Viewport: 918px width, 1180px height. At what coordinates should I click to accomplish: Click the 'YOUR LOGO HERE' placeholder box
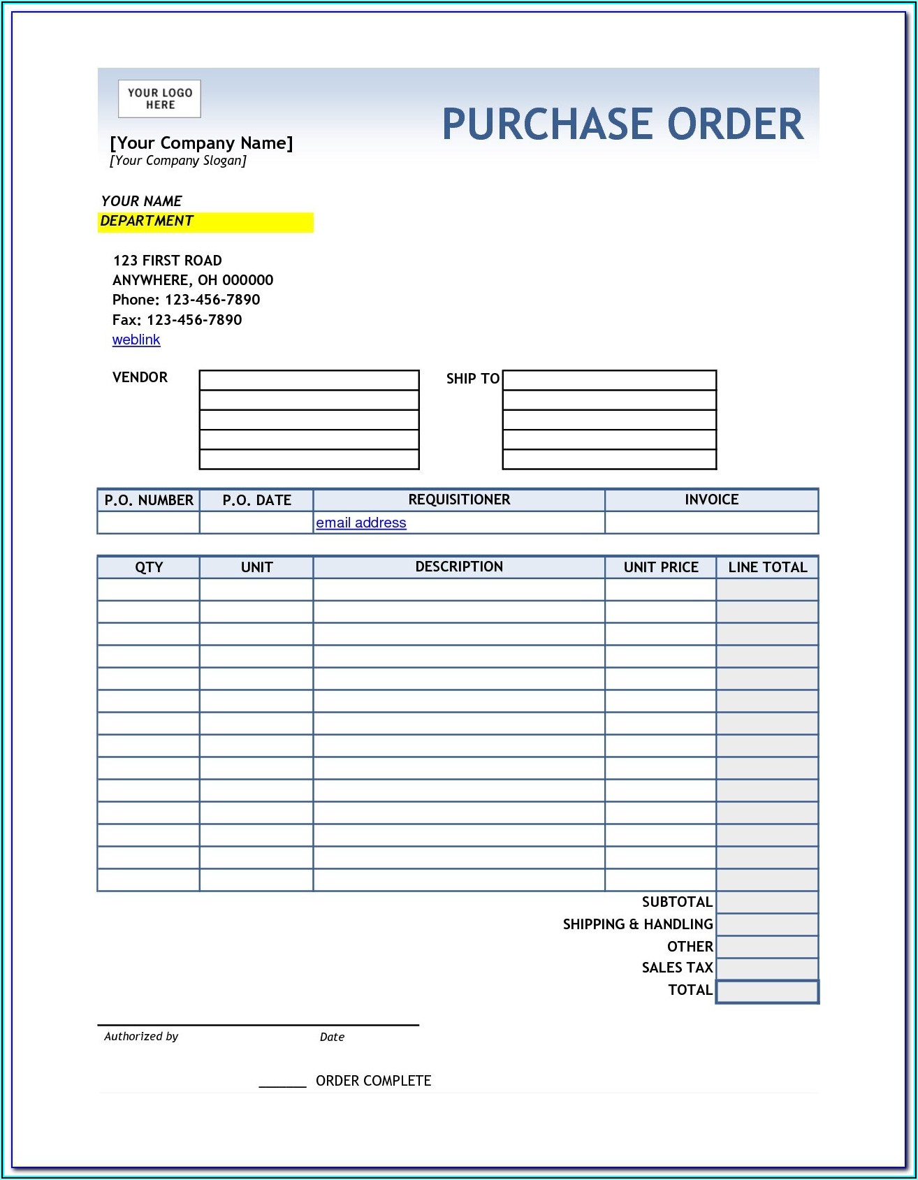pyautogui.click(x=159, y=99)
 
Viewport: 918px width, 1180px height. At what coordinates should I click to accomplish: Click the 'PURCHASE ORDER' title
pyautogui.click(x=622, y=124)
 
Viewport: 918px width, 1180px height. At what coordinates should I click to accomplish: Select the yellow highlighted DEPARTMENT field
pyautogui.click(x=205, y=221)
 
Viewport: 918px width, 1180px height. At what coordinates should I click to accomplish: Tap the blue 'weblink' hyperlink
pyautogui.click(x=136, y=340)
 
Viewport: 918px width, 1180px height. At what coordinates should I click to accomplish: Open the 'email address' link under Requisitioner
pyautogui.click(x=360, y=523)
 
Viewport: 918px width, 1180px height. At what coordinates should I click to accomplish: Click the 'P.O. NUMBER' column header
pyautogui.click(x=149, y=500)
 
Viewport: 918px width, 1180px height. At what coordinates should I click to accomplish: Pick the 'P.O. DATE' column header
pyautogui.click(x=256, y=500)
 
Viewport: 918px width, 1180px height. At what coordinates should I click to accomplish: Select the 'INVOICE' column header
pyautogui.click(x=711, y=500)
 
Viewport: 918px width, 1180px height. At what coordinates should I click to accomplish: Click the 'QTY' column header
pyautogui.click(x=149, y=567)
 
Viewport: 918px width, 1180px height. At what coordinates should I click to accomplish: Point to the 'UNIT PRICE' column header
pyautogui.click(x=661, y=567)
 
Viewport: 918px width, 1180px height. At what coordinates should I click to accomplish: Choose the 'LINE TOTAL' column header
pyautogui.click(x=767, y=567)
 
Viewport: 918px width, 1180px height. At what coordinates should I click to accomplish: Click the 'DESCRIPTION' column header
pyautogui.click(x=459, y=567)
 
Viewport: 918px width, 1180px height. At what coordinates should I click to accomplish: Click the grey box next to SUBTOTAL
pyautogui.click(x=767, y=902)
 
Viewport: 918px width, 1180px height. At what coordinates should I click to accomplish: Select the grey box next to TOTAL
pyautogui.click(x=767, y=991)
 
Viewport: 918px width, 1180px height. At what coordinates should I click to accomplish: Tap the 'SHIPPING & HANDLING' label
pyautogui.click(x=638, y=924)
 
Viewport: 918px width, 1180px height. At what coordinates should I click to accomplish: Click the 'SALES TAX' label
pyautogui.click(x=677, y=968)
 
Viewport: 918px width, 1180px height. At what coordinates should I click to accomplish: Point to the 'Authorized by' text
pyautogui.click(x=141, y=1037)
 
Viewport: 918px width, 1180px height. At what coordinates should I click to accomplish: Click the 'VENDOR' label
pyautogui.click(x=140, y=377)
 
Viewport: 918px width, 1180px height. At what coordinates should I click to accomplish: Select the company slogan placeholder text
pyautogui.click(x=178, y=161)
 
